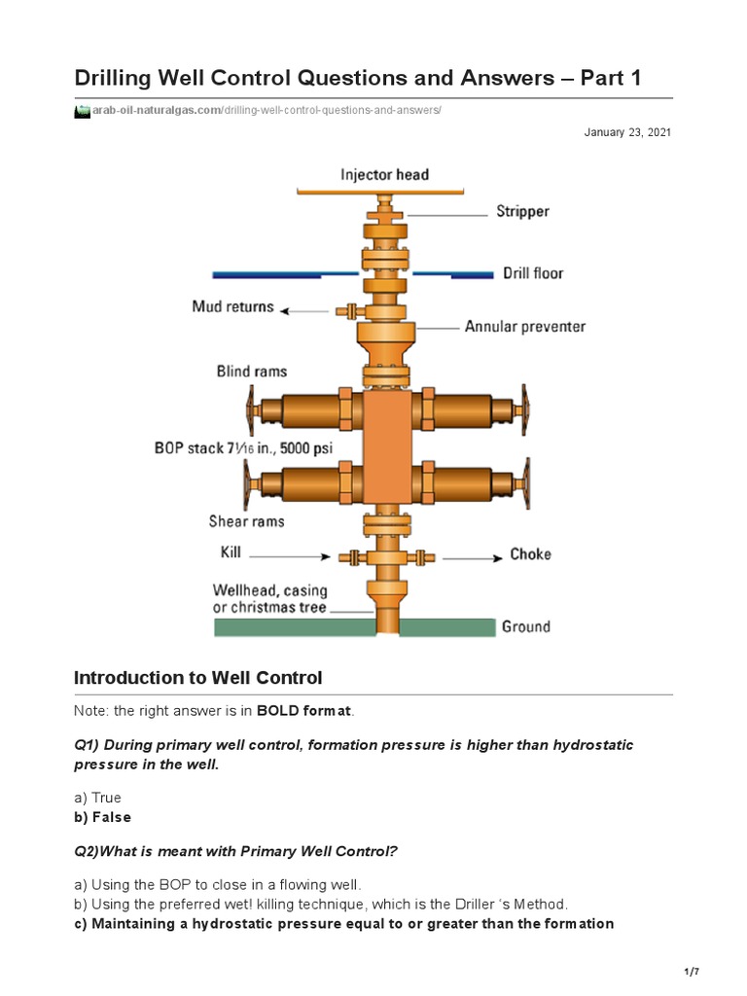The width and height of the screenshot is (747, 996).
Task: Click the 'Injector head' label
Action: [x=384, y=175]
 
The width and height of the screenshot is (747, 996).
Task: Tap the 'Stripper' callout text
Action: [x=522, y=211]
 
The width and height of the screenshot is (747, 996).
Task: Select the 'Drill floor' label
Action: [x=532, y=273]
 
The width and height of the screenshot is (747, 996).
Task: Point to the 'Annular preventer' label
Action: [x=525, y=327]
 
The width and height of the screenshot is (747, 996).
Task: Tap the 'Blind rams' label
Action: [x=251, y=371]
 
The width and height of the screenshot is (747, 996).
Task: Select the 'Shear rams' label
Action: [x=246, y=521]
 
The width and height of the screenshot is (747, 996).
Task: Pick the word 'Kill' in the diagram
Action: [x=231, y=553]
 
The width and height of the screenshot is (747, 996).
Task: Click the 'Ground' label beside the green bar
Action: [x=525, y=626]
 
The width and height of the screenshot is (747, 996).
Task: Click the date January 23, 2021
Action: [x=626, y=132]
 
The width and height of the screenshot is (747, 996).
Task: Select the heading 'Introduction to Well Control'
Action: [x=198, y=677]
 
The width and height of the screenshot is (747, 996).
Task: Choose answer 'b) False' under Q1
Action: [x=102, y=817]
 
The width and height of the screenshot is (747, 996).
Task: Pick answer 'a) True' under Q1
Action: [x=97, y=798]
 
